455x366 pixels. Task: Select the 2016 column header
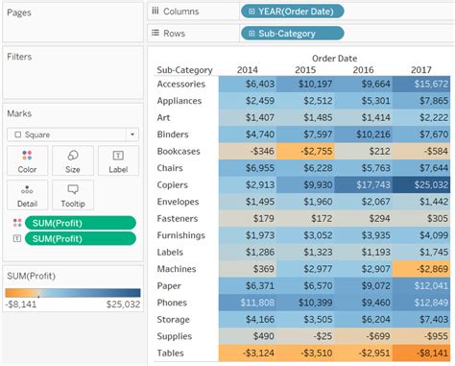click(x=363, y=69)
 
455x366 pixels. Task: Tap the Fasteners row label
click(x=180, y=218)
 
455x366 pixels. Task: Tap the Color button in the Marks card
click(x=27, y=160)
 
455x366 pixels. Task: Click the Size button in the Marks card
click(x=73, y=160)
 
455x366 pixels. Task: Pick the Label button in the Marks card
click(x=118, y=160)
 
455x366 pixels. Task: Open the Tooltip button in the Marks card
click(x=73, y=195)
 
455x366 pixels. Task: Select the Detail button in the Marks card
click(x=27, y=195)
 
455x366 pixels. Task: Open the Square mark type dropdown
click(x=72, y=134)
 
